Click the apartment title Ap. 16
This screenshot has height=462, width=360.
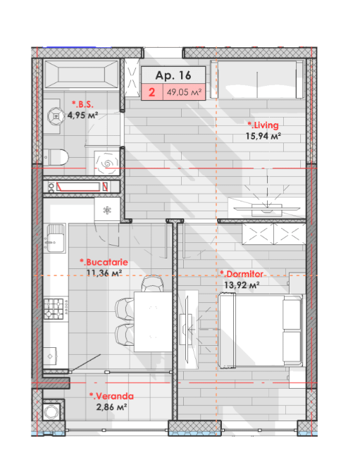click(x=173, y=75)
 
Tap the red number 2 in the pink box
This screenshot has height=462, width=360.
click(x=152, y=92)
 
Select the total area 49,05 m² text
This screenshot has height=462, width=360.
click(x=185, y=92)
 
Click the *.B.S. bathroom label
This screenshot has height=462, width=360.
click(x=82, y=104)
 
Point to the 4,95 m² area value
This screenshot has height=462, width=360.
click(x=82, y=115)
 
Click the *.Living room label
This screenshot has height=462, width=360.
click(x=263, y=125)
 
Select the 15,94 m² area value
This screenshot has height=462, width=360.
click(x=263, y=136)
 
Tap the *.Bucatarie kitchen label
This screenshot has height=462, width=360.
click(x=104, y=262)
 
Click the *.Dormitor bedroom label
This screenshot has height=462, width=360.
click(x=242, y=274)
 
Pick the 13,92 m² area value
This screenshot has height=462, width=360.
click(x=242, y=285)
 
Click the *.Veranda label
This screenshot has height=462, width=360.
click(x=111, y=396)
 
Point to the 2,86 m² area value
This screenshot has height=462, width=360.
click(x=111, y=407)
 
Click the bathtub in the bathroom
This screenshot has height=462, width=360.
click(x=82, y=74)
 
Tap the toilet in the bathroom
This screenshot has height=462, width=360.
click(x=56, y=157)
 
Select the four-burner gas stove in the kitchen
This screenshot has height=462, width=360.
click(x=54, y=309)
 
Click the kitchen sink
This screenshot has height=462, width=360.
click(x=55, y=239)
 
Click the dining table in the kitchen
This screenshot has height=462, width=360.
click(x=153, y=321)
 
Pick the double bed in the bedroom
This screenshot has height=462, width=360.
click(x=261, y=330)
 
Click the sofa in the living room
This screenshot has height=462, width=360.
click(x=257, y=80)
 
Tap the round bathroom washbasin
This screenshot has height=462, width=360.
click(x=56, y=116)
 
